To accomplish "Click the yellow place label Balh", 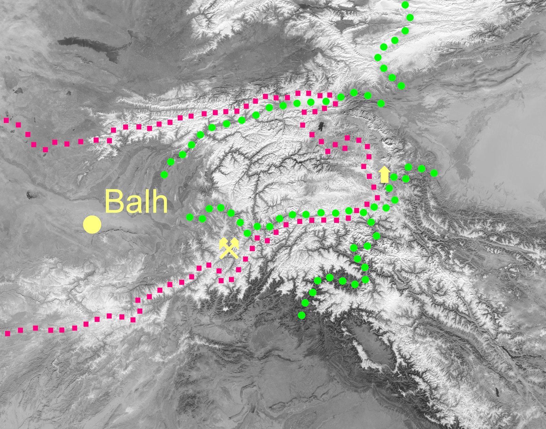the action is click(136, 201).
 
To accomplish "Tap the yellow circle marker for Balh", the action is click(92, 225).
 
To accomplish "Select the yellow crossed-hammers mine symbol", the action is click(229, 248).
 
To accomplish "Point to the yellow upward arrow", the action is click(385, 175).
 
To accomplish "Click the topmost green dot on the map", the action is click(405, 5).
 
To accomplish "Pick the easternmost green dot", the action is click(434, 173).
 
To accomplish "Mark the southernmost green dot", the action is click(302, 315).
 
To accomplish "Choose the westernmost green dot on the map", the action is click(164, 175).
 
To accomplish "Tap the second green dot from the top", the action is click(410, 17).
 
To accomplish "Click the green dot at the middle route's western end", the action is click(190, 217).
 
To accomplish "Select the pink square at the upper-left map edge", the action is click(6, 120).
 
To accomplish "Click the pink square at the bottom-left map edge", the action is click(8, 333).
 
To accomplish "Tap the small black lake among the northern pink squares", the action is click(321, 127).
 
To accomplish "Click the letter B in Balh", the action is click(114, 201).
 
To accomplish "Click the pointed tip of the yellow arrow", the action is click(385, 168).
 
